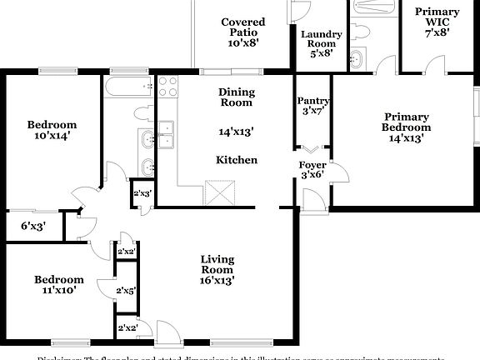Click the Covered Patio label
pos(243,27)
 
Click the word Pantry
pos(313,101)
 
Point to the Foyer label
pos(312,165)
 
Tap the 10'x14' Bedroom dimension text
pos(52,135)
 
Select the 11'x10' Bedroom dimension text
pos(58,291)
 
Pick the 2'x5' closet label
pos(126,291)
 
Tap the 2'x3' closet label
pos(142,193)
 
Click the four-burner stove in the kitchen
pos(167,87)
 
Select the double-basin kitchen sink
pos(167,133)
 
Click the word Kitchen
pos(237,160)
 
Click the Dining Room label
pos(237,97)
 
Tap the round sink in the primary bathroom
pos(357,59)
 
